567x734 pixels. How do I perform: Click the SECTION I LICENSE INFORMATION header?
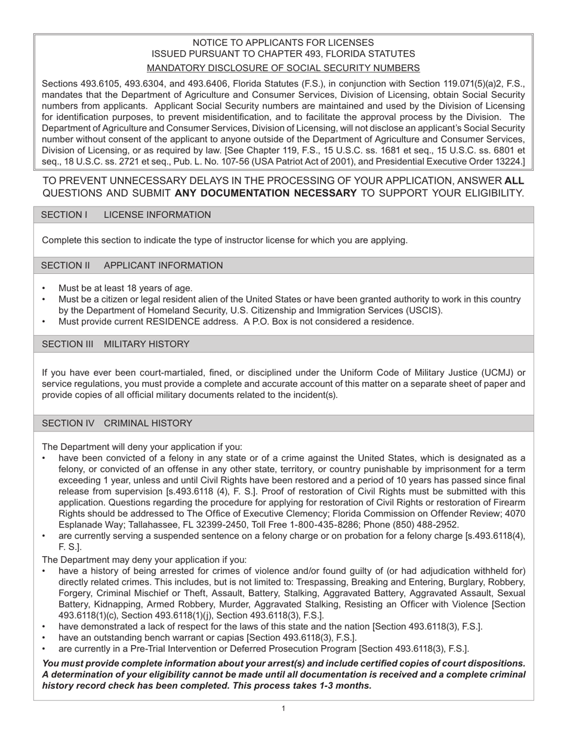126,215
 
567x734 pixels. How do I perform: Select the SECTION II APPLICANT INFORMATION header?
132,266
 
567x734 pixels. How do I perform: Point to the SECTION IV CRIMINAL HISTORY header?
117,423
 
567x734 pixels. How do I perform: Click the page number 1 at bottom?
283,708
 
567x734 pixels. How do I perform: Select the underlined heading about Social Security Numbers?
283,67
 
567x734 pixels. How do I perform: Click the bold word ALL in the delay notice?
514,180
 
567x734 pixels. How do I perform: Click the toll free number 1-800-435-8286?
335,525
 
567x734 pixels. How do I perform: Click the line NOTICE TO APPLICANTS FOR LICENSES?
283,42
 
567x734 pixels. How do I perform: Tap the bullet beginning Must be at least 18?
125,288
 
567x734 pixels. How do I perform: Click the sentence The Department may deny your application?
143,560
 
